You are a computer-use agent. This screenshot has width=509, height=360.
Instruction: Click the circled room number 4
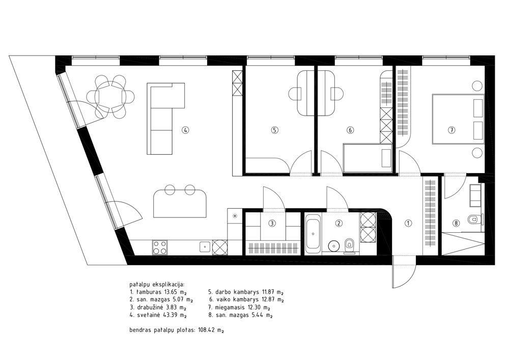185,130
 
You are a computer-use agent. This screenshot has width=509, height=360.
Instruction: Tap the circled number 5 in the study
275,130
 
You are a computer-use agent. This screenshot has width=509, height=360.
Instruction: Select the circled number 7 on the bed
451,130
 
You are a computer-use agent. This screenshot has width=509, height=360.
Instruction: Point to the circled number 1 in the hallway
408,224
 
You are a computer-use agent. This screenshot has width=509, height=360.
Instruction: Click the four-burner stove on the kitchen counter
160,247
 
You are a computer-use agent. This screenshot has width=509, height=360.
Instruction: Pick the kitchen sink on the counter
205,247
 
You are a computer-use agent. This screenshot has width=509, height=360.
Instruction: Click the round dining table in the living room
110,96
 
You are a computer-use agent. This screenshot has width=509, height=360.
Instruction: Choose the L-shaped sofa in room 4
165,119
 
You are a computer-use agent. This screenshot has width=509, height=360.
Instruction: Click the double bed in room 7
458,119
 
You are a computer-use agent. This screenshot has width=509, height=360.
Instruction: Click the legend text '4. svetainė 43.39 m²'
158,315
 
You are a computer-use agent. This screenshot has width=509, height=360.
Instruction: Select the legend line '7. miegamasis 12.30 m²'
239,307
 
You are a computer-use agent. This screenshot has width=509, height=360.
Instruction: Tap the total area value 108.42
207,330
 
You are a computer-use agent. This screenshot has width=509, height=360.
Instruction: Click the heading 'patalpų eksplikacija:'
156,284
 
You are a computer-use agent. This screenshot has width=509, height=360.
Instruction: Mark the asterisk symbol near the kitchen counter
235,215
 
